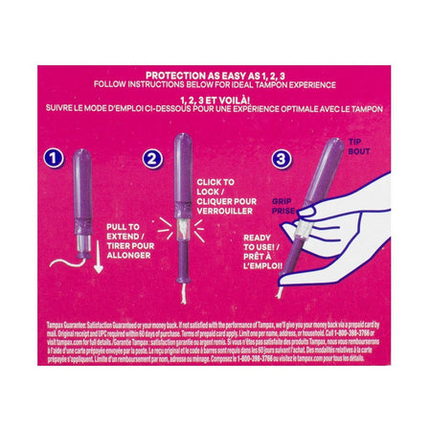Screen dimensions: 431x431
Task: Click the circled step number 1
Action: (57, 156)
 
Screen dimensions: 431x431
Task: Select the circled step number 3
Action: (281, 157)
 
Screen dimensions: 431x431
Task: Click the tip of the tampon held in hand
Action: (335, 147)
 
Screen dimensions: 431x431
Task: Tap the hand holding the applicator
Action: (340, 225)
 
